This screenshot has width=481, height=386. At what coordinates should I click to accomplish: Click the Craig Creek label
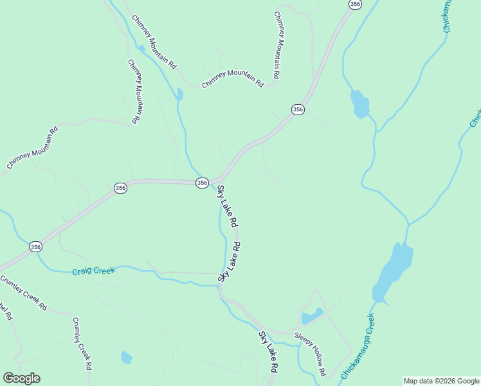(94, 271)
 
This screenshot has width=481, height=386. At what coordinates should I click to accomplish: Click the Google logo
(22, 378)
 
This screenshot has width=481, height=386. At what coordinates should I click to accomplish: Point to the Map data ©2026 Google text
(441, 381)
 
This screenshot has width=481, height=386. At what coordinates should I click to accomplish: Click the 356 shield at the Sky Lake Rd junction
(202, 183)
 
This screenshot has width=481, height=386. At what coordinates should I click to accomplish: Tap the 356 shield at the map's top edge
(355, 4)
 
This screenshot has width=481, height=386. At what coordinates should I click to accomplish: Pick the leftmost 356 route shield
(35, 246)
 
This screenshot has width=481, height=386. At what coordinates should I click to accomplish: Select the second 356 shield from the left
(120, 187)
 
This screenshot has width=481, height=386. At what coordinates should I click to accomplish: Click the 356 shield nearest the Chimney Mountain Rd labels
(297, 110)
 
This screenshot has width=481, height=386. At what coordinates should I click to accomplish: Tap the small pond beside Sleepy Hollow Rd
(312, 317)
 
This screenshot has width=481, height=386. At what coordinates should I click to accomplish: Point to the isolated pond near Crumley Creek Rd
(127, 357)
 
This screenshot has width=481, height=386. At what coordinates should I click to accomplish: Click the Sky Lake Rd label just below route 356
(228, 207)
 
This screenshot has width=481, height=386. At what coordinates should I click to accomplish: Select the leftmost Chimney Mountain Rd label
(32, 147)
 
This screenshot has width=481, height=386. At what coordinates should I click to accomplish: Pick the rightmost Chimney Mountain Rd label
(277, 46)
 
